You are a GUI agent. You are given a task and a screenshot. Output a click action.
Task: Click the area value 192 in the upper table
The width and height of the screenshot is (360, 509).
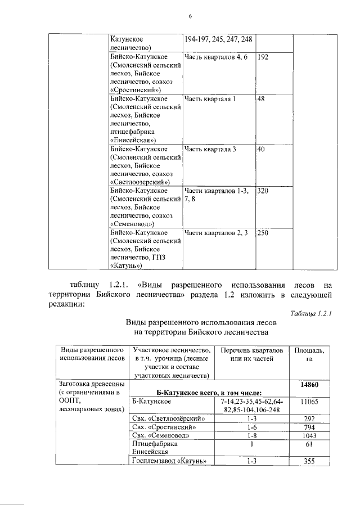click(263, 57)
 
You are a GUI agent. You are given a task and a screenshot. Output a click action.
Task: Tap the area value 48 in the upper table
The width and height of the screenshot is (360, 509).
click(261, 100)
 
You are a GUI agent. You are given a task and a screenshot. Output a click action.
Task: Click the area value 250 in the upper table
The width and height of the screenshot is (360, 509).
click(263, 232)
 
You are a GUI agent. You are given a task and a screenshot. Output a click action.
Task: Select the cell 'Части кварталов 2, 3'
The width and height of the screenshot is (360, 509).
click(216, 232)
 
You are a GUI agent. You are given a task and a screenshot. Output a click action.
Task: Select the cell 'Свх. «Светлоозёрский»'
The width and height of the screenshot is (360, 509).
click(168, 419)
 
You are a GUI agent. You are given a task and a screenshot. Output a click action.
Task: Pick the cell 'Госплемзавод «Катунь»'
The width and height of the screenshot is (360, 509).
click(169, 462)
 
